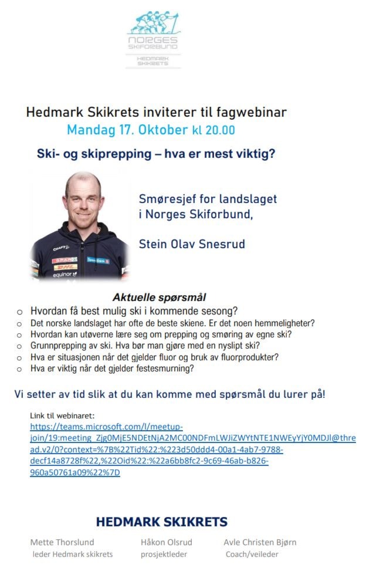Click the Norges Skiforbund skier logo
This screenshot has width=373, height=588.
point(154,23)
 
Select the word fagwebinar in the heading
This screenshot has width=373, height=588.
point(249,111)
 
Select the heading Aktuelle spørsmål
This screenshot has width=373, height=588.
point(158,298)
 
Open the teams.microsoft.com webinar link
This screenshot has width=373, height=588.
point(106,427)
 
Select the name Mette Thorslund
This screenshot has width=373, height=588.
point(62,542)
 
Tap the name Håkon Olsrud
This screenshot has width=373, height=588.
point(167,542)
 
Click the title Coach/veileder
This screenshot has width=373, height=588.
point(252,554)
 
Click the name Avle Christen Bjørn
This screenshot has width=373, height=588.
point(260,542)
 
